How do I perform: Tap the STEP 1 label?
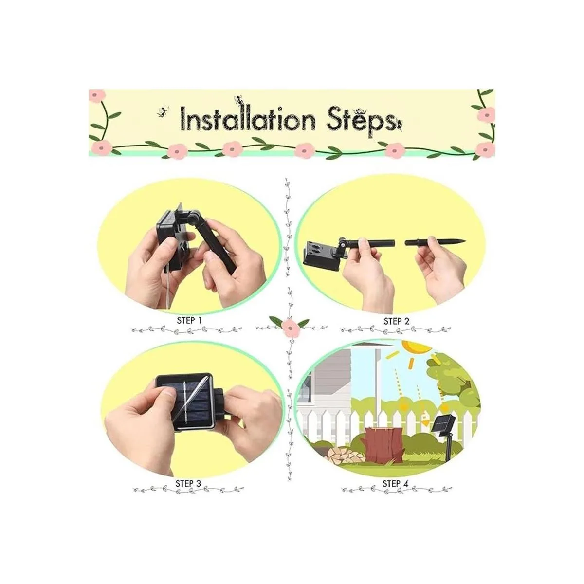click(x=189, y=320)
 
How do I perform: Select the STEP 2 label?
click(x=397, y=321)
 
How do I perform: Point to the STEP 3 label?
click(x=188, y=483)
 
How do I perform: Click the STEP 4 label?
click(x=396, y=483)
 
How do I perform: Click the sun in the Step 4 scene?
click(x=418, y=347)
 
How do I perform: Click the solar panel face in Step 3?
click(x=187, y=400)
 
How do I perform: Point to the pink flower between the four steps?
click(x=290, y=327)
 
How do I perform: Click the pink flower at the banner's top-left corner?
click(x=97, y=95)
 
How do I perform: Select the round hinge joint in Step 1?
click(x=193, y=218)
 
